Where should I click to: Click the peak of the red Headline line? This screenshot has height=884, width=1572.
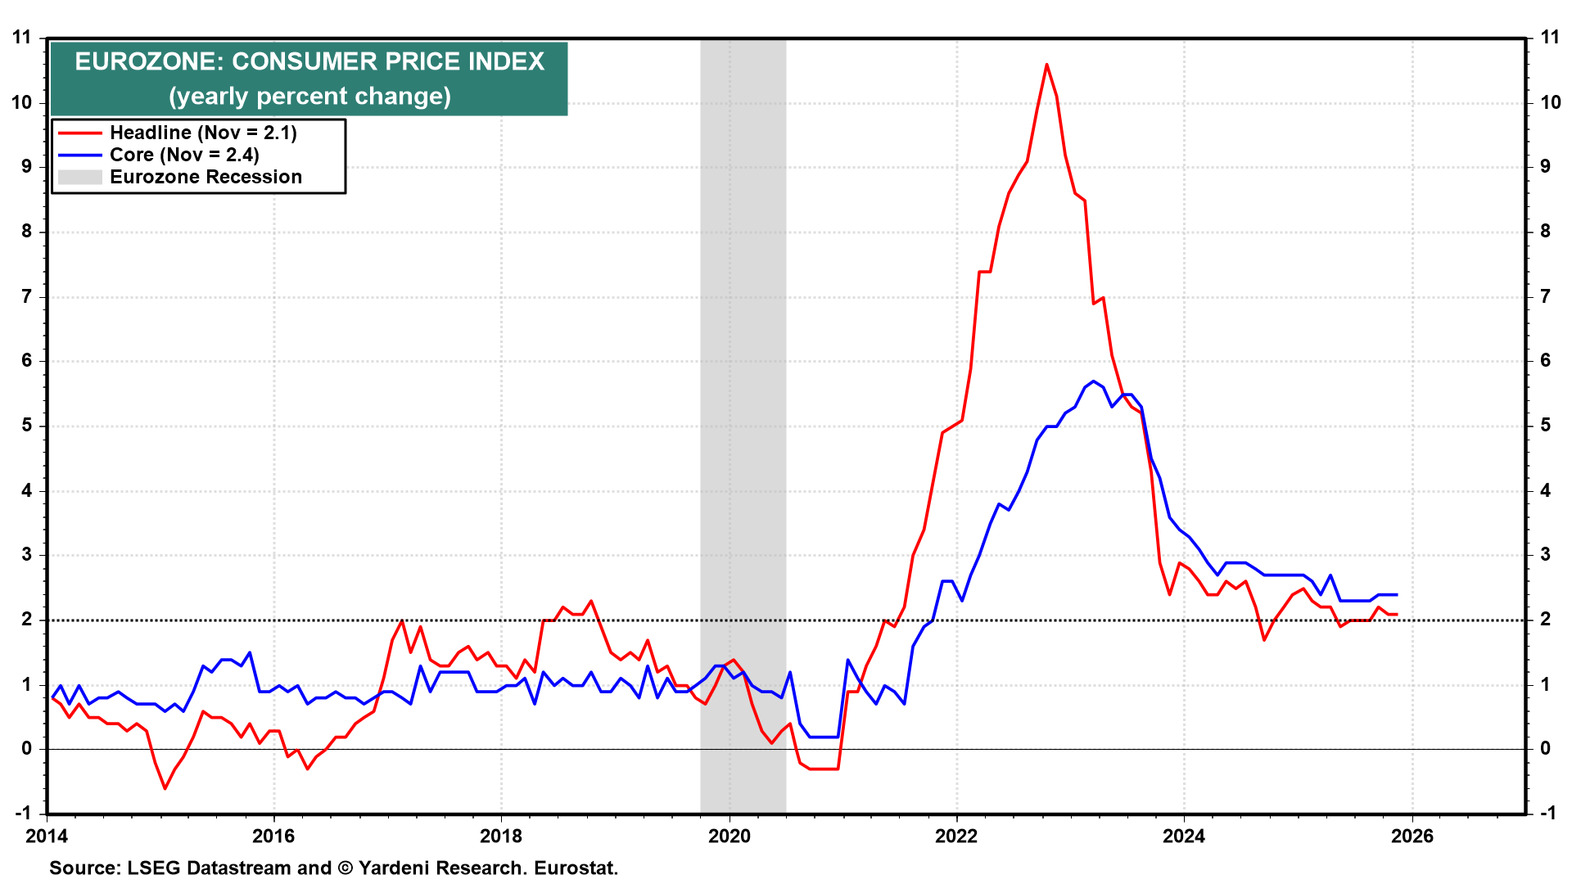pyautogui.click(x=1046, y=65)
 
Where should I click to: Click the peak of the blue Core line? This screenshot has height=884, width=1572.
pyautogui.click(x=1093, y=381)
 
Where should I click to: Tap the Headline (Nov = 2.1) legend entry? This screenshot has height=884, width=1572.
pyautogui.click(x=203, y=133)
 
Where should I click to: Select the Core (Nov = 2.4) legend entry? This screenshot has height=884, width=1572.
pyautogui.click(x=184, y=155)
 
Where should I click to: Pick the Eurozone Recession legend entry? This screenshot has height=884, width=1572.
pyautogui.click(x=206, y=177)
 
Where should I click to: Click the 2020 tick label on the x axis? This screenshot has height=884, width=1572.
pyautogui.click(x=729, y=836)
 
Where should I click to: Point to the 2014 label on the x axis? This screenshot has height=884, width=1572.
pyautogui.click(x=47, y=836)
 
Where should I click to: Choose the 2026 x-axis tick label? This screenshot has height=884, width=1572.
pyautogui.click(x=1412, y=836)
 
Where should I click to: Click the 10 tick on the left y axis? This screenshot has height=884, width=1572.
pyautogui.click(x=22, y=102)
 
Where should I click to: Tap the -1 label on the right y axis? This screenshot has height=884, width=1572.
pyautogui.click(x=1547, y=813)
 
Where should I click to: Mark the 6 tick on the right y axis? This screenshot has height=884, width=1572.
pyautogui.click(x=1546, y=361)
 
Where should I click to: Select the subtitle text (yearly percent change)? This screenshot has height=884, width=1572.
pyautogui.click(x=309, y=97)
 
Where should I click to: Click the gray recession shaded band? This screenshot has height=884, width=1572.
pyautogui.click(x=743, y=409)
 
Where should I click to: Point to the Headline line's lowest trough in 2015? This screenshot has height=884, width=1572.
pyautogui.click(x=165, y=788)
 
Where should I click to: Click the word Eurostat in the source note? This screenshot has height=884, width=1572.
pyautogui.click(x=576, y=868)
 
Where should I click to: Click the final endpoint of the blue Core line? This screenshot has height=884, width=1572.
pyautogui.click(x=1397, y=595)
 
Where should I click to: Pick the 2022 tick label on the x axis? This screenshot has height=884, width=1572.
pyautogui.click(x=956, y=836)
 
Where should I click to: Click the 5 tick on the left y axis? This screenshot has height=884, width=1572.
pyautogui.click(x=27, y=426)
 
